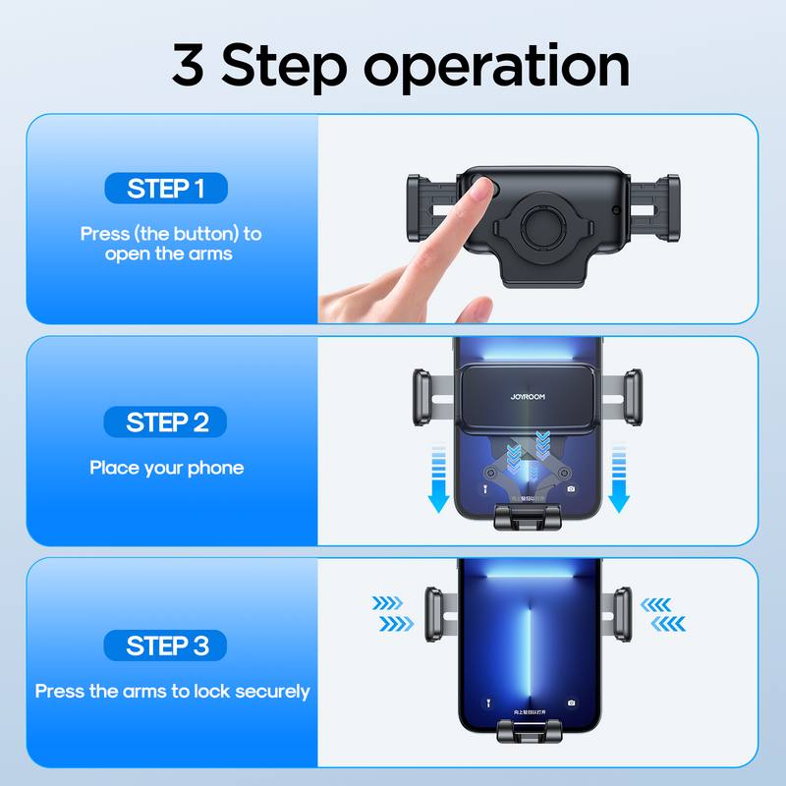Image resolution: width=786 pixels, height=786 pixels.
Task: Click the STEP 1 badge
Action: pyautogui.click(x=165, y=189)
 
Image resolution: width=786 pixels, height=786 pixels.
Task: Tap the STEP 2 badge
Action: pyautogui.click(x=165, y=422)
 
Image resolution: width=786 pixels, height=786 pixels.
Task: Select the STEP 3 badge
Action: pyautogui.click(x=165, y=646)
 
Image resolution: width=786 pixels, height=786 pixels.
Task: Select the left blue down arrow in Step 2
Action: pyautogui.click(x=439, y=479)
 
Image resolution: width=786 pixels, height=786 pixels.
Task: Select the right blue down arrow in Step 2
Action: pyautogui.click(x=618, y=479)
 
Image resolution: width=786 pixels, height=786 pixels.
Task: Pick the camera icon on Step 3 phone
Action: pyautogui.click(x=572, y=703)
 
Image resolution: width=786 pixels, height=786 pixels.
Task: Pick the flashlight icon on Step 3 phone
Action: pyautogui.click(x=486, y=703)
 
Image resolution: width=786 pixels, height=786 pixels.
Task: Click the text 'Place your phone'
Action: pyautogui.click(x=166, y=468)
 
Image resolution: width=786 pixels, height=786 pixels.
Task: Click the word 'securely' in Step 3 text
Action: pyautogui.click(x=269, y=692)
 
